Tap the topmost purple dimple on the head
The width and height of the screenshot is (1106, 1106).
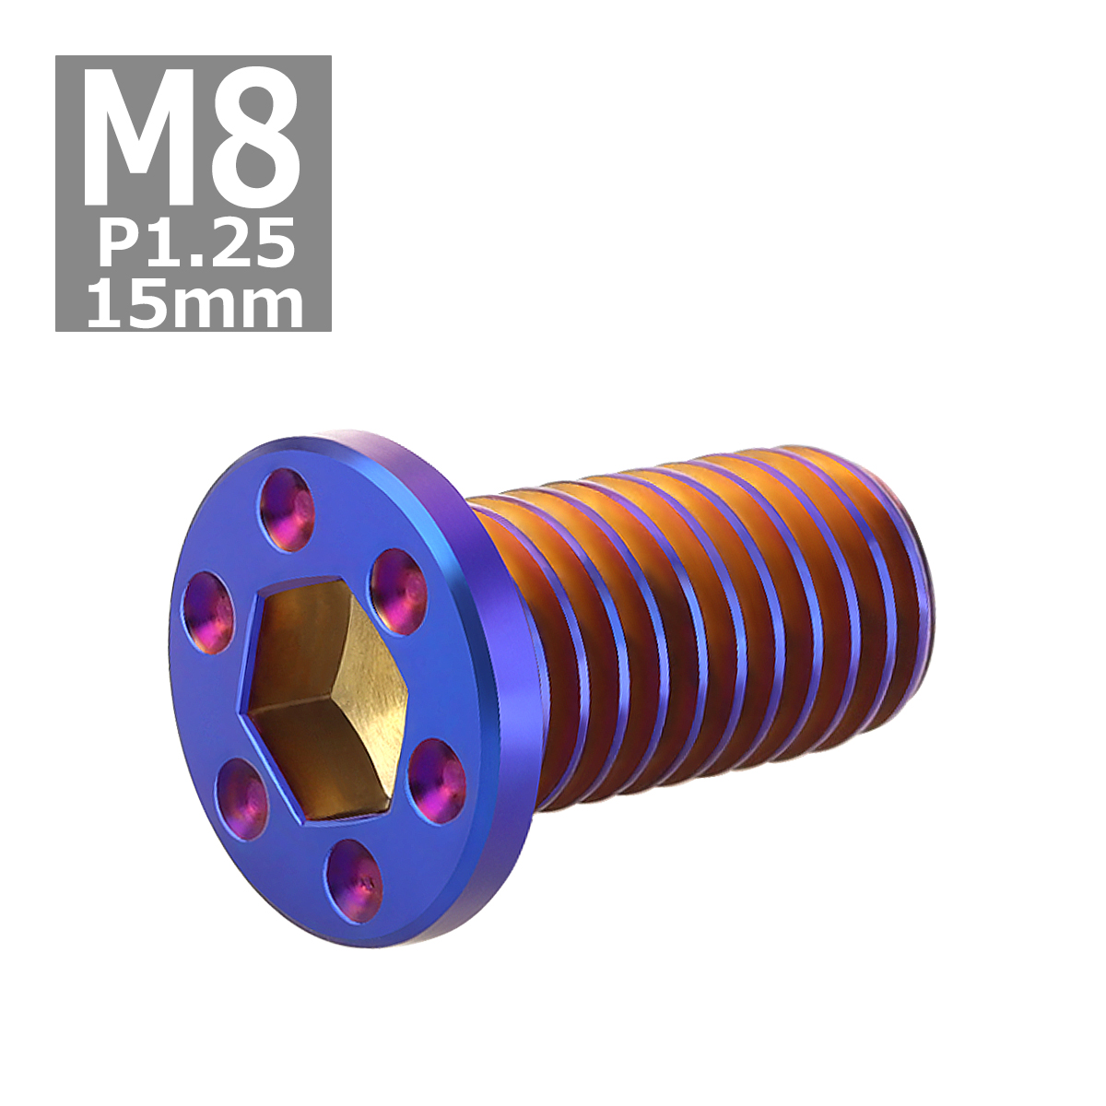click(287, 510)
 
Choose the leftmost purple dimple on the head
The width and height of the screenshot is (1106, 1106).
click(207, 611)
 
